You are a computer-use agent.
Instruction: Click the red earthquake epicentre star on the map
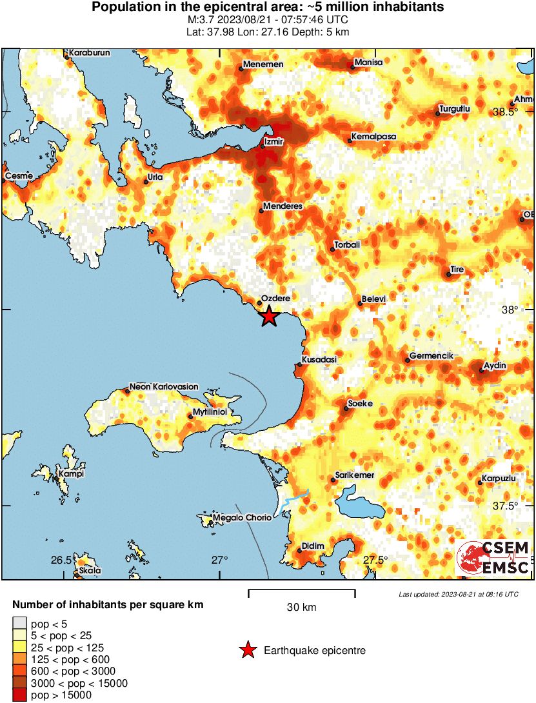pos(269,316)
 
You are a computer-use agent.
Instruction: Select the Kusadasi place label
pos(319,359)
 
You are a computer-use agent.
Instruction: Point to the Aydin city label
pos(495,366)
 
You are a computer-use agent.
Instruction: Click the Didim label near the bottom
pos(312,546)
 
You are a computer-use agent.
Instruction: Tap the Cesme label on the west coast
pos(18,176)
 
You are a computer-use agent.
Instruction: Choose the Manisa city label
pos(369,62)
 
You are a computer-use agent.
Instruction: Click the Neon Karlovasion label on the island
pos(164,386)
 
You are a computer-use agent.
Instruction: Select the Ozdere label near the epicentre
pos(277,298)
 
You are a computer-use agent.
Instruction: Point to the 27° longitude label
pos(219,560)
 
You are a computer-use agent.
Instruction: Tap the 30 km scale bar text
pos(301,607)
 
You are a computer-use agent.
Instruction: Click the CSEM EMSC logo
pos(493,558)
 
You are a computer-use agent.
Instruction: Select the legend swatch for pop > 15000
pos(19,695)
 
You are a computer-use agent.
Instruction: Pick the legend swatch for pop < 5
pos(19,624)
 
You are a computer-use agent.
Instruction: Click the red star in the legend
pos(247,651)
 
